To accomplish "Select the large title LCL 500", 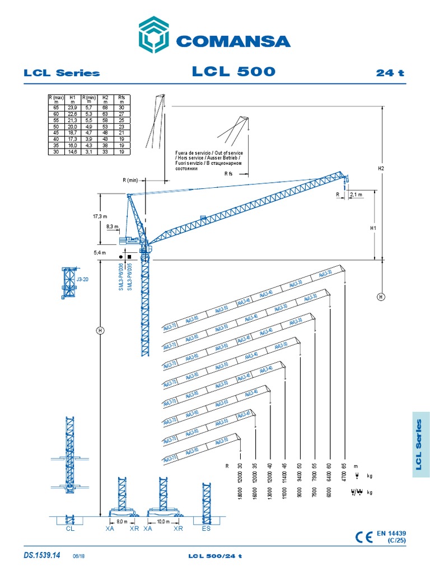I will pyautogui.click(x=233, y=72).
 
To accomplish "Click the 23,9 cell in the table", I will pyautogui.click(x=72, y=108).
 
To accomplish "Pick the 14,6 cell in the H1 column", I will pyautogui.click(x=72, y=152).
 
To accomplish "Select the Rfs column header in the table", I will pyautogui.click(x=121, y=99).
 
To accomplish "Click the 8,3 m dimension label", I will pyautogui.click(x=113, y=227).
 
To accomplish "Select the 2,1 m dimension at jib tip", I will pyautogui.click(x=356, y=195).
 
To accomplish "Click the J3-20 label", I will pyautogui.click(x=82, y=278).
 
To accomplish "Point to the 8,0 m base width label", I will pyautogui.click(x=122, y=521).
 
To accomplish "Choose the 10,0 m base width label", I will pyautogui.click(x=163, y=521).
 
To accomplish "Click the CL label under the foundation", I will pyautogui.click(x=69, y=528).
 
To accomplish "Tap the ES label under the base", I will pyautogui.click(x=205, y=528).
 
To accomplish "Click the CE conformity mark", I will pyautogui.click(x=364, y=537).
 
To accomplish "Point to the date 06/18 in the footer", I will pyautogui.click(x=78, y=556).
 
